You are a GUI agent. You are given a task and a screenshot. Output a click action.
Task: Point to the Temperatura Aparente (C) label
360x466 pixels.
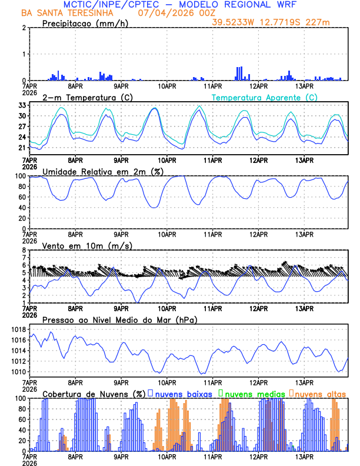tap(264, 97)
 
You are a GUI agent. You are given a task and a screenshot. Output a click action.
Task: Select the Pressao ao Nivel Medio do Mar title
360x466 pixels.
tap(119, 319)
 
